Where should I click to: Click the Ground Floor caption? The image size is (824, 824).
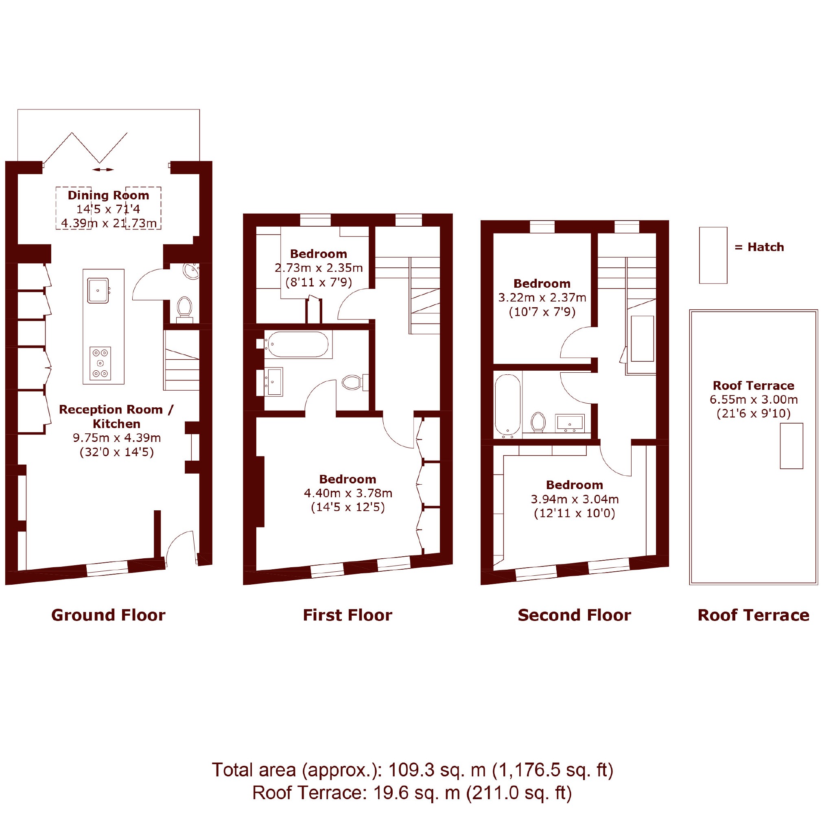(x=108, y=615)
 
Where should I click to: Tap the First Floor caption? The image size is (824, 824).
(x=348, y=615)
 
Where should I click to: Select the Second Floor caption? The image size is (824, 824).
(x=575, y=615)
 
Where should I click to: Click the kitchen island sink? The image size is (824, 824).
(x=98, y=291)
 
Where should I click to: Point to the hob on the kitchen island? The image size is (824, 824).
(x=100, y=363)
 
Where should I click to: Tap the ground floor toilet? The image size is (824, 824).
(x=185, y=308)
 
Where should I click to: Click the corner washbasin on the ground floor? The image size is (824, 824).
(x=192, y=271)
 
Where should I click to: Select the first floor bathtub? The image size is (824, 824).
(x=298, y=344)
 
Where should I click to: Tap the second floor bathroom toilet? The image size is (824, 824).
(x=539, y=422)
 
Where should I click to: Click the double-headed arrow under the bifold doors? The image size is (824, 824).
(x=103, y=170)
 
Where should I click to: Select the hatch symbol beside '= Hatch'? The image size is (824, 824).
(x=713, y=255)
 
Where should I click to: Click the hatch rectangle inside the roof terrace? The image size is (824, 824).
(x=791, y=446)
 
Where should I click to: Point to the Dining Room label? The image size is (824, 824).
(x=108, y=195)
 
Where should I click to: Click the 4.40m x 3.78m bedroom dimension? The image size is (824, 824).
(x=348, y=493)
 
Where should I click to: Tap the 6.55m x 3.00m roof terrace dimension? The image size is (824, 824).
(x=754, y=400)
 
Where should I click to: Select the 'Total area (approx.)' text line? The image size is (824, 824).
(x=413, y=770)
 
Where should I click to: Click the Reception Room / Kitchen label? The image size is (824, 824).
(x=116, y=417)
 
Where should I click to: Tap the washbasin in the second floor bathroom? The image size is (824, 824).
(x=570, y=423)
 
